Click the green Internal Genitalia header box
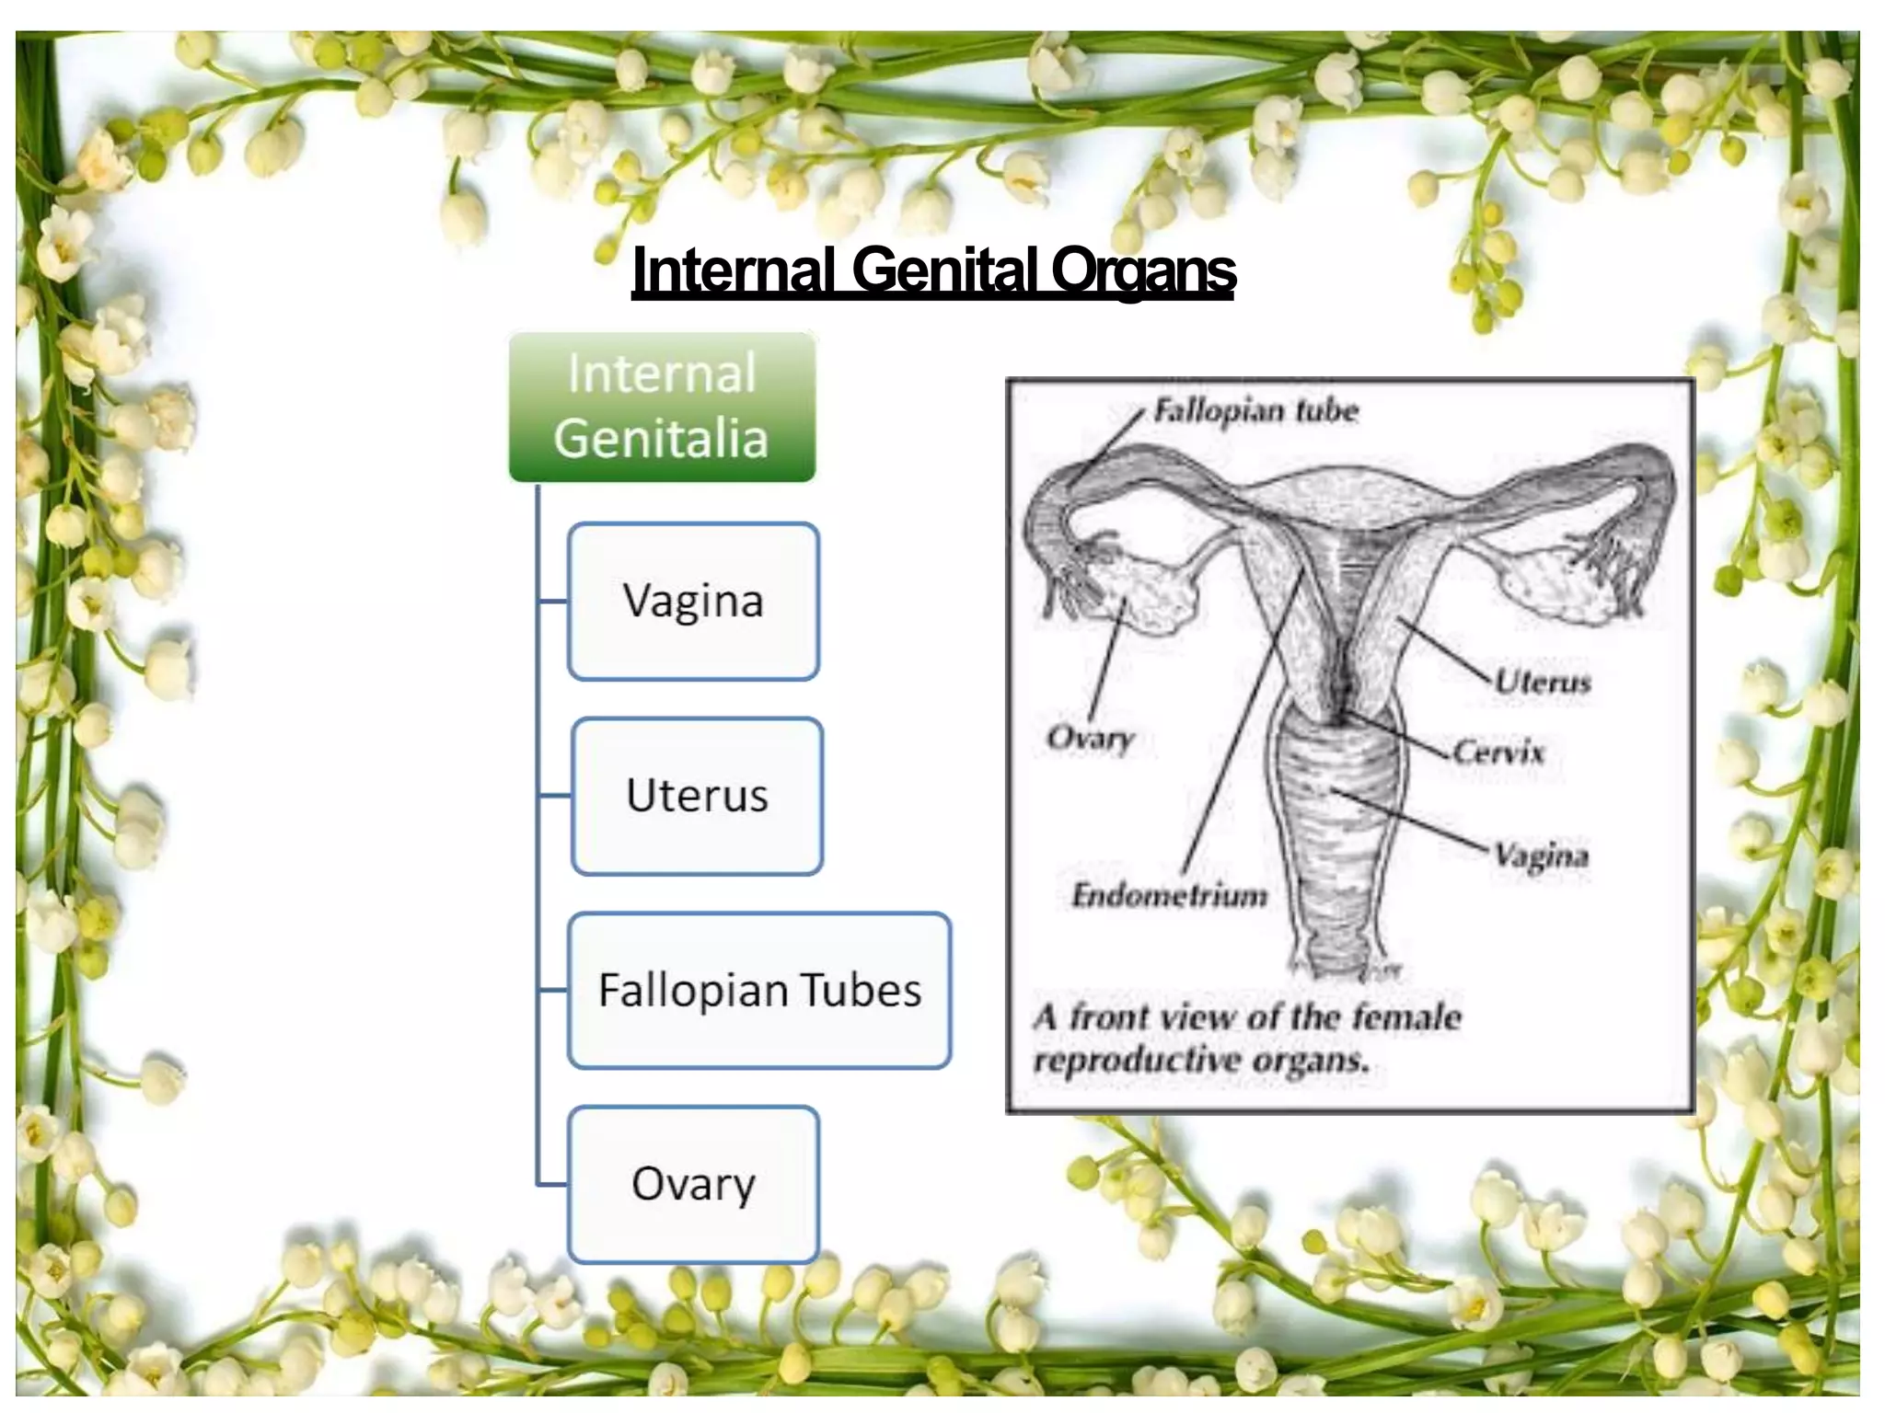tap(662, 407)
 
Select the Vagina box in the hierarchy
tap(693, 602)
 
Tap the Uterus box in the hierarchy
tap(697, 796)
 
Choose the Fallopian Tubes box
tap(759, 991)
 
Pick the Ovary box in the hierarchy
tap(693, 1184)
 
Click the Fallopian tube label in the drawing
tap(1255, 410)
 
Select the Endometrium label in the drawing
tap(1169, 894)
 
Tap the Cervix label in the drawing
tap(1498, 752)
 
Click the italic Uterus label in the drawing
tap(1543, 682)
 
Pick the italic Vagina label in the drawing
tap(1542, 856)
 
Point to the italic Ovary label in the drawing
tap(1091, 738)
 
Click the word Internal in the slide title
tap(734, 270)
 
